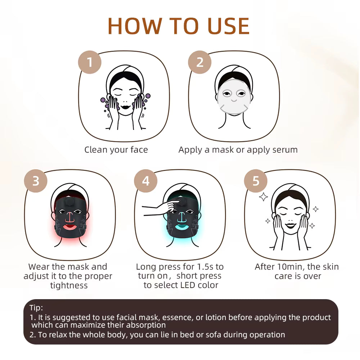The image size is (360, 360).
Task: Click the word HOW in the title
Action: pos(135,26)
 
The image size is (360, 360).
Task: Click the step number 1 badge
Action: pos(90,62)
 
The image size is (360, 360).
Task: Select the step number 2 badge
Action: pos(199,62)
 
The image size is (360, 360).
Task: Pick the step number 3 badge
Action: pos(36,181)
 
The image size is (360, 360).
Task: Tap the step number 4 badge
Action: pos(145,181)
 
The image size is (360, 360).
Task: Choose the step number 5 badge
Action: pos(256,181)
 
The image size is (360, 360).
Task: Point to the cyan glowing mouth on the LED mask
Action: pos(182,228)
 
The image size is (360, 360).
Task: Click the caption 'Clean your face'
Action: pos(116,150)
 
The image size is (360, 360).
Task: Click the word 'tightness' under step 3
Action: pos(69,285)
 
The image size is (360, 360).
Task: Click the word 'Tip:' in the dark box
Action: pos(36,308)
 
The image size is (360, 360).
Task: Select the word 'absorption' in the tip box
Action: pos(146,325)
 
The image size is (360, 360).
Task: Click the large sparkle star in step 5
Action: pos(264,197)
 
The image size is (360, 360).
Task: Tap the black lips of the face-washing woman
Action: pos(125,107)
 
